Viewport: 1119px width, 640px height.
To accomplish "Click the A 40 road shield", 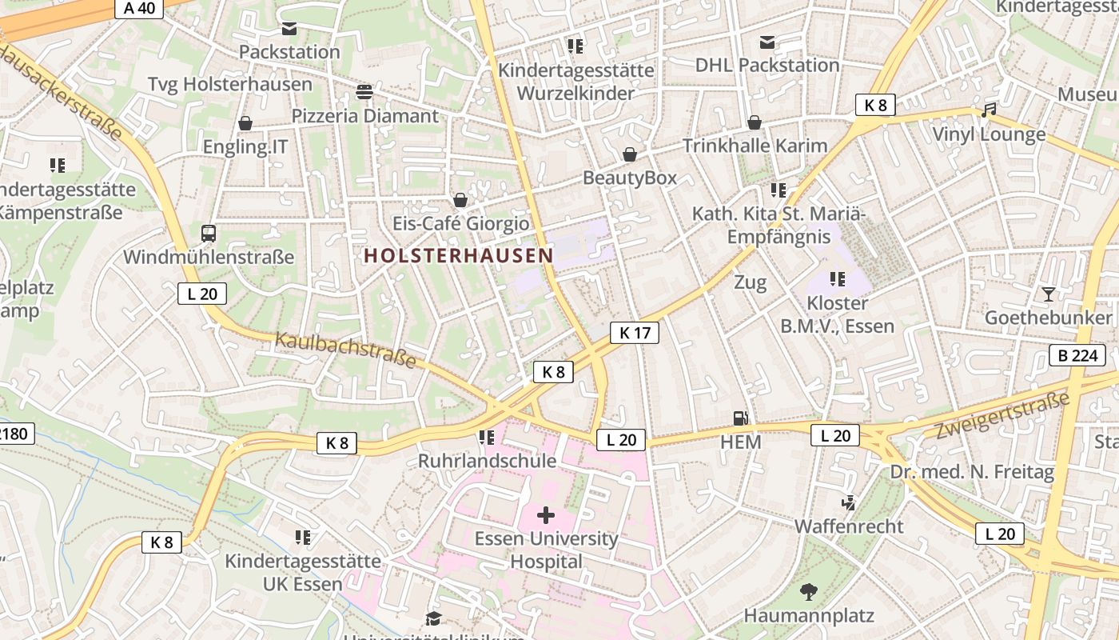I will (139, 9).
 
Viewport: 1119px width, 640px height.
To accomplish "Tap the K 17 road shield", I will (635, 333).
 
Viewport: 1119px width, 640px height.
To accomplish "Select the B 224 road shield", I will (1077, 355).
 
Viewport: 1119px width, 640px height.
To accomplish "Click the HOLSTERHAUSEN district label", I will (458, 256).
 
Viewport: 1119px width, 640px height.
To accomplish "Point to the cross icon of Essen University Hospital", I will (546, 515).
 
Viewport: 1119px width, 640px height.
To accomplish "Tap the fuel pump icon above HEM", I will (741, 418).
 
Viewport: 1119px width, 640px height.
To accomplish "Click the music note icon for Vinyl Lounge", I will (990, 110).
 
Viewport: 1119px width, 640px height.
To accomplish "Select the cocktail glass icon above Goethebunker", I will (1049, 294).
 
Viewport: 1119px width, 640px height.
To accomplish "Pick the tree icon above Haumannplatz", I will (809, 593).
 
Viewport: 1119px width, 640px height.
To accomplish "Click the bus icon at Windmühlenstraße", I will (209, 234).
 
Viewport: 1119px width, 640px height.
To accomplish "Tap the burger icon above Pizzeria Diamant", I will (364, 92).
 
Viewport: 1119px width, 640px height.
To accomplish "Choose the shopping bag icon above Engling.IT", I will (245, 123).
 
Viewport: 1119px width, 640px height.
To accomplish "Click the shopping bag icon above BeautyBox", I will (630, 154).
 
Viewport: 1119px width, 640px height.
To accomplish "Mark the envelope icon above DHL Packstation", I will (767, 42).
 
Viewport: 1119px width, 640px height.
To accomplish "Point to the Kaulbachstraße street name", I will (345, 350).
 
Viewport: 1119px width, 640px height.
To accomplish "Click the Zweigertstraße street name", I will (1002, 416).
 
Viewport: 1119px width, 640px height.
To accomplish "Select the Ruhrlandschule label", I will (487, 462).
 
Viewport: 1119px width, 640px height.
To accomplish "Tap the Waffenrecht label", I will (849, 526).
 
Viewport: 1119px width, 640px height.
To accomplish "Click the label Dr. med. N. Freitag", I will (972, 472).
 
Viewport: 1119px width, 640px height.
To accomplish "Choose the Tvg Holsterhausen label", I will (230, 84).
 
